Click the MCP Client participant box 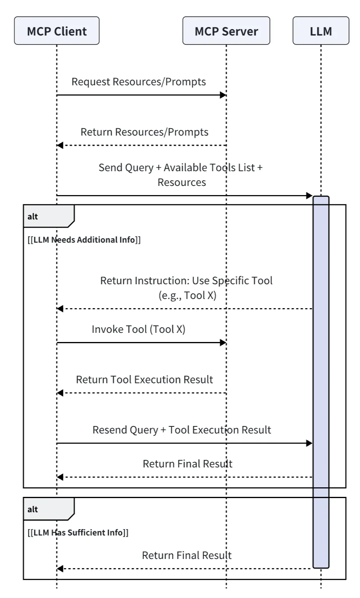tap(57, 31)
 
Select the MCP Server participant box tap(226, 31)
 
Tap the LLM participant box tap(321, 31)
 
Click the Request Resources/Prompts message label tap(139, 82)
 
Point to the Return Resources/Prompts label tap(144, 132)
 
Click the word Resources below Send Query tap(182, 182)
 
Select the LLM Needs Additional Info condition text tap(84, 240)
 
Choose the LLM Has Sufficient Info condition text tap(78, 533)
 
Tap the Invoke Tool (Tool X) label tap(138, 329)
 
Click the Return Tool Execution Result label tap(144, 379)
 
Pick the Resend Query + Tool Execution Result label tap(182, 430)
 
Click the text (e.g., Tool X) tap(187, 295)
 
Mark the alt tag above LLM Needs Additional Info tap(33, 217)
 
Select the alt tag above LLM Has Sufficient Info tap(33, 510)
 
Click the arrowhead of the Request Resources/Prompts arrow tap(223, 95)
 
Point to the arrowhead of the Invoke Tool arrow tap(223, 342)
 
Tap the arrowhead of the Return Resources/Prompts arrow tap(60, 145)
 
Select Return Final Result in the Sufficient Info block tap(186, 555)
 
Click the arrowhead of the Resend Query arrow tap(309, 443)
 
